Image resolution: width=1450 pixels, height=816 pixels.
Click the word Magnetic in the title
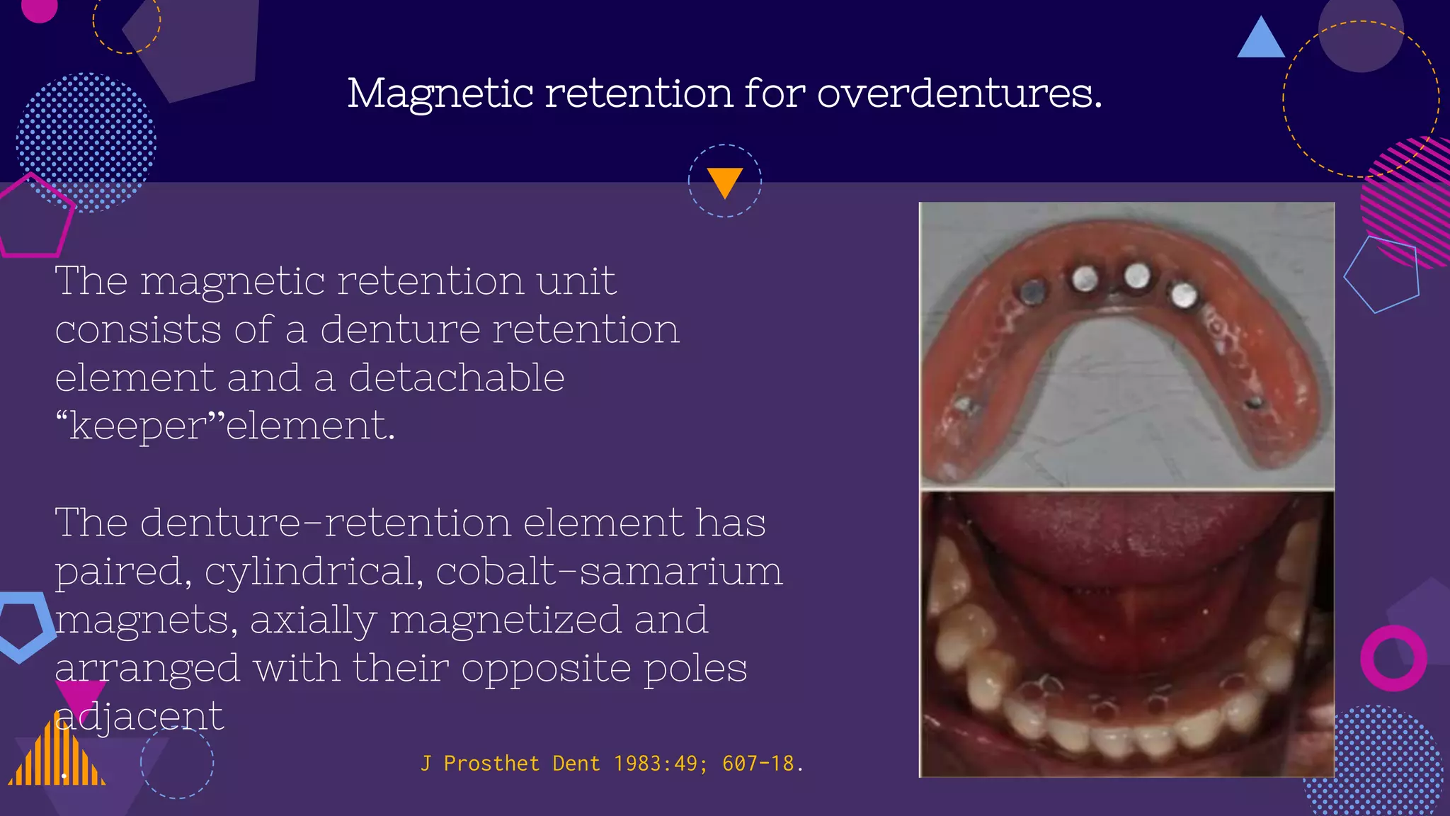coord(440,93)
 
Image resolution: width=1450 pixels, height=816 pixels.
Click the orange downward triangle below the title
coord(724,181)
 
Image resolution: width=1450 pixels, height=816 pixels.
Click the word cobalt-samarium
coord(609,571)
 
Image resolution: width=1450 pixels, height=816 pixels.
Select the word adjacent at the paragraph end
coord(139,716)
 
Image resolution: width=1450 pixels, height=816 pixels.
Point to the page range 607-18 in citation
coord(758,764)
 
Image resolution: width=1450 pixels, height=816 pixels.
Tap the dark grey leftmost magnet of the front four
coord(1033,290)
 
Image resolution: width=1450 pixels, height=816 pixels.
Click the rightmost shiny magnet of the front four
coord(1183,295)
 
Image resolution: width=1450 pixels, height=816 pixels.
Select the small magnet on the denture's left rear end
coord(964,405)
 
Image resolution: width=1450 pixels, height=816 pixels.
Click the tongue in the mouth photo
coord(1126,538)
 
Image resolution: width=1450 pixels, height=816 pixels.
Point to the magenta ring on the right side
coord(1393,658)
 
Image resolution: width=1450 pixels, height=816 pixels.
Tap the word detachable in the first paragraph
coord(457,378)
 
